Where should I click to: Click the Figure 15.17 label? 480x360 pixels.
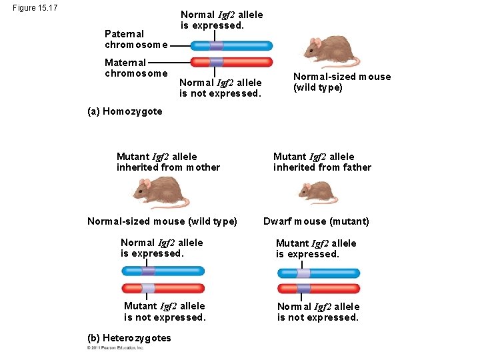(x=35, y=8)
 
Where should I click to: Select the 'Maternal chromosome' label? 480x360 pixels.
(x=136, y=68)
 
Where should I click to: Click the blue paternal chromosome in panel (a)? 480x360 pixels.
(x=231, y=46)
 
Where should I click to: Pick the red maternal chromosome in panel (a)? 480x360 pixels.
(x=231, y=62)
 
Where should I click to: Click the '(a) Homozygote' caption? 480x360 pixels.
(x=125, y=111)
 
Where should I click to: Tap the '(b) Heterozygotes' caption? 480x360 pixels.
(x=129, y=338)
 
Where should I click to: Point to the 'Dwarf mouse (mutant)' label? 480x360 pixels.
(x=316, y=221)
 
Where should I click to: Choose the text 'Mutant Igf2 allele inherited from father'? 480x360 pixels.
(x=322, y=162)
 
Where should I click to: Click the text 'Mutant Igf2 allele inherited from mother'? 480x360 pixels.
(x=168, y=162)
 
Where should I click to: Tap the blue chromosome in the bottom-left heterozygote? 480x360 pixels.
(x=163, y=271)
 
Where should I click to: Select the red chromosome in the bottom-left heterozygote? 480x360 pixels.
(x=163, y=288)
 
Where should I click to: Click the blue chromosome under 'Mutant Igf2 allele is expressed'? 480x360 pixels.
(x=319, y=273)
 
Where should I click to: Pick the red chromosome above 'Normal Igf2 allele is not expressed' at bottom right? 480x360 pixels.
(x=319, y=289)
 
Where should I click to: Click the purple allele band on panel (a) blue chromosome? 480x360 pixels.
(x=216, y=46)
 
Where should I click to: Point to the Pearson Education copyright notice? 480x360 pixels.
(x=115, y=348)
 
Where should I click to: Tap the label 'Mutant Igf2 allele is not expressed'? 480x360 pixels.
(x=165, y=312)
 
